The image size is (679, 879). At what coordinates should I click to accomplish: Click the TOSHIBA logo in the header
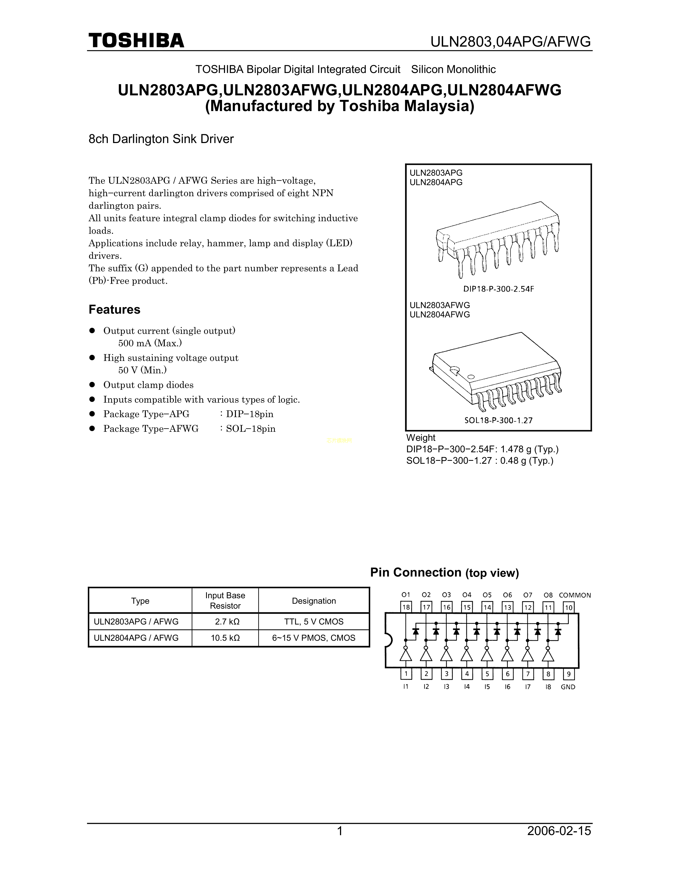pos(136,41)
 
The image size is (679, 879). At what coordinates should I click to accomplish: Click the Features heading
pos(114,310)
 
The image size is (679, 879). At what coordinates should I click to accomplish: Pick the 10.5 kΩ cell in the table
pos(225,638)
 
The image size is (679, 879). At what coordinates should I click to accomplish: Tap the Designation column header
pos(314,601)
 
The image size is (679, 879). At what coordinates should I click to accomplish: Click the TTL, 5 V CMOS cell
pos(314,622)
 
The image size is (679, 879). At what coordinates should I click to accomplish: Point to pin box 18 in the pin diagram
pos(406,607)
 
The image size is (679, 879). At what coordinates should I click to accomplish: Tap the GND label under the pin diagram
pos(568,687)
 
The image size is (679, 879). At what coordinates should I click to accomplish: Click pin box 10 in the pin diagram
pos(568,607)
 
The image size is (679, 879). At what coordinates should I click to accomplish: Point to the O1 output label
pos(406,595)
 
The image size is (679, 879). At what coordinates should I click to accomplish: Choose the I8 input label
pos(548,687)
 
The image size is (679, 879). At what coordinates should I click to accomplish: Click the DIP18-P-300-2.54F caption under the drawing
pos(498,289)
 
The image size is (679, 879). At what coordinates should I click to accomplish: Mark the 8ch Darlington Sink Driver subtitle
pos(161,139)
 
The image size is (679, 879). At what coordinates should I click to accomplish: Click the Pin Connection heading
pos(444,573)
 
